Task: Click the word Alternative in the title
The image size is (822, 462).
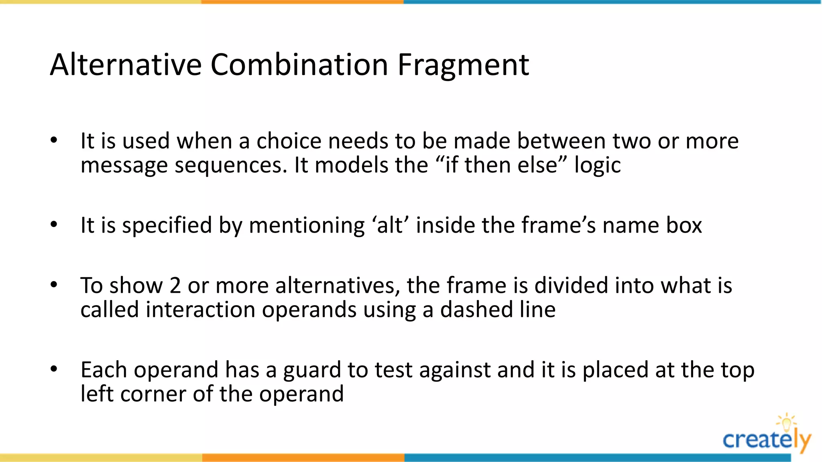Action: click(x=126, y=65)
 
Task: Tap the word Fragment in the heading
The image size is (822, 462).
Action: click(x=463, y=65)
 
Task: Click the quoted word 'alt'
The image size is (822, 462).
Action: click(x=389, y=225)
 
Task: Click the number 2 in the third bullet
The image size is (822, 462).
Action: click(x=175, y=286)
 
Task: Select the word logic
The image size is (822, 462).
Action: click(x=597, y=165)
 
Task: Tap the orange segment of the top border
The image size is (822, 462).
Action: click(x=302, y=2)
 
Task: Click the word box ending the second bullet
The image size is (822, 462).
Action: click(x=684, y=225)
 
